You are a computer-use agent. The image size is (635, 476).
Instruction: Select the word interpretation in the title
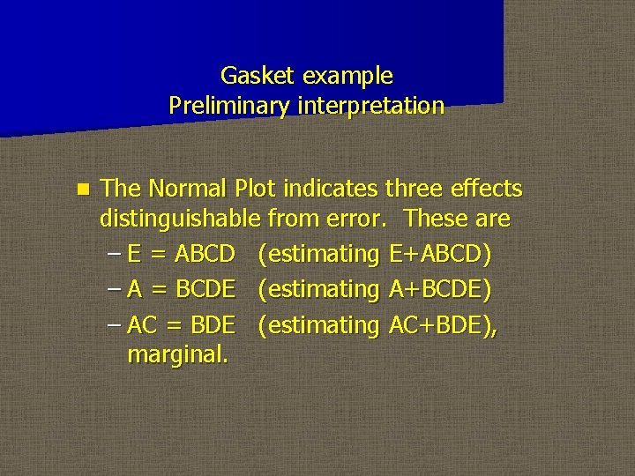[x=370, y=107]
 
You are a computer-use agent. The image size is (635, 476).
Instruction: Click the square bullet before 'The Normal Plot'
[x=83, y=189]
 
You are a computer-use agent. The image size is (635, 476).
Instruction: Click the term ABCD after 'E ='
[x=205, y=254]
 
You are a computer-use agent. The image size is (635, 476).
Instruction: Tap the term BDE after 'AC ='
[x=213, y=325]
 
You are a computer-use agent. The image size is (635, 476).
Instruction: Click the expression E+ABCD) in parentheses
[x=439, y=254]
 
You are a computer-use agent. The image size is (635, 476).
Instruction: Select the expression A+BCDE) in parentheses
[x=439, y=289]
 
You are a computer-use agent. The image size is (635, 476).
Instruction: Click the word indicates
[x=336, y=189]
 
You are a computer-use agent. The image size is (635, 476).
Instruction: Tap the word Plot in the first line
[x=253, y=189]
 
